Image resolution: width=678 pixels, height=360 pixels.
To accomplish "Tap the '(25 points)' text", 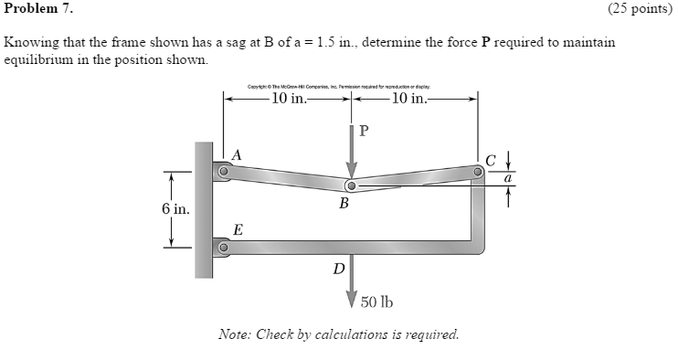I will click(639, 9).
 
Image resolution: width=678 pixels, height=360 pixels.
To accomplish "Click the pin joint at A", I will click(221, 170).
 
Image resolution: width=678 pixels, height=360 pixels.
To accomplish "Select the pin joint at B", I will click(350, 186).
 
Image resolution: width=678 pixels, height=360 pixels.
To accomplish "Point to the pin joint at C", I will click(478, 170).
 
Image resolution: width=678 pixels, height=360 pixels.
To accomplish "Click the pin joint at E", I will click(221, 247).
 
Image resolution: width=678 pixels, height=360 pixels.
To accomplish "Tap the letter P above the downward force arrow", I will click(364, 130).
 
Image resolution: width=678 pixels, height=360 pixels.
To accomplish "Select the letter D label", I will click(339, 269).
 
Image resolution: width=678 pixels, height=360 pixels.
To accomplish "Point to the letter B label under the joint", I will click(344, 204).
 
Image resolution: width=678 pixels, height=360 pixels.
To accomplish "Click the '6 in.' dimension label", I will click(175, 209).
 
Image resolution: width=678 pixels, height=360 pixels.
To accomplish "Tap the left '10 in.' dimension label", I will click(289, 99).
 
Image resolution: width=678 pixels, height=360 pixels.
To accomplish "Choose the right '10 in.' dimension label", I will click(409, 99).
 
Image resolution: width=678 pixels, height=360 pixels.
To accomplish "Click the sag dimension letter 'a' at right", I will click(506, 178).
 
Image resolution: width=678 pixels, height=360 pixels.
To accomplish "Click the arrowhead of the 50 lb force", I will click(351, 302).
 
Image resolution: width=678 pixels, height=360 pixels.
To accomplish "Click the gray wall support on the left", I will click(204, 209).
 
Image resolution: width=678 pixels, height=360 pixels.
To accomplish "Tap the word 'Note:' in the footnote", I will click(235, 334).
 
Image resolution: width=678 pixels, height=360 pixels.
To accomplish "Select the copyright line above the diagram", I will click(350, 86).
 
